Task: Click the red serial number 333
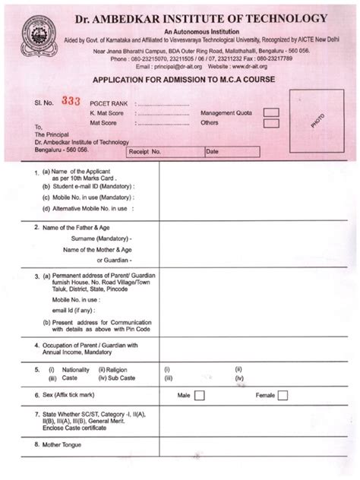point(71,101)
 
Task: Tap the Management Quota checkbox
point(271,113)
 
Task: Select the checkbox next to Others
point(271,123)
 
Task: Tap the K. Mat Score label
point(108,112)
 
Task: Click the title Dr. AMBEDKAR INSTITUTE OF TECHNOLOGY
point(200,18)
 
